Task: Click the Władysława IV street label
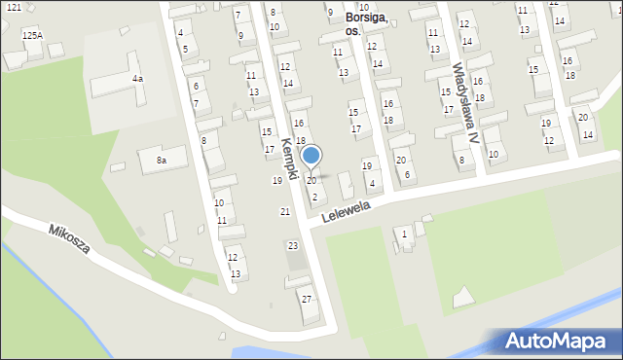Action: (464, 103)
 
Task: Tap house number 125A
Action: (32, 35)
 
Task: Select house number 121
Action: (13, 8)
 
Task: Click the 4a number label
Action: (138, 78)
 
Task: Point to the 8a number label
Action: (162, 160)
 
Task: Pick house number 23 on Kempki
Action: (293, 246)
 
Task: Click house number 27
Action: (307, 299)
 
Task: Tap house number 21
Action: (285, 212)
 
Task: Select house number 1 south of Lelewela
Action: (405, 234)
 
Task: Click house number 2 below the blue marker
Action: (314, 198)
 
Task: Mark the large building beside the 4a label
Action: (117, 83)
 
